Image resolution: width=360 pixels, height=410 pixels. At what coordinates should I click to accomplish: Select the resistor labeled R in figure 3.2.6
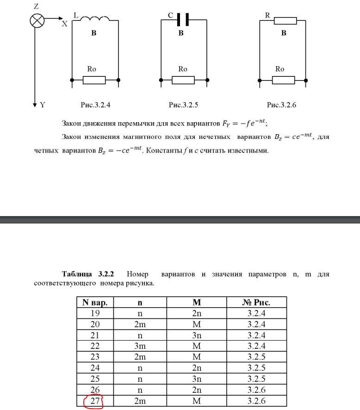click(x=285, y=21)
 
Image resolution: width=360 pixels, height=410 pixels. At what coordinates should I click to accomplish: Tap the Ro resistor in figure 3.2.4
click(x=94, y=81)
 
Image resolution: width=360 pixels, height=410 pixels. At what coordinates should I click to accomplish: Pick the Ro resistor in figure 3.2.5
click(x=183, y=81)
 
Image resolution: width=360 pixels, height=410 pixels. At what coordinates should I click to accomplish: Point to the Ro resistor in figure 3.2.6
click(x=283, y=81)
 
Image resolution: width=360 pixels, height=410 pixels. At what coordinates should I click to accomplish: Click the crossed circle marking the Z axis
click(x=37, y=20)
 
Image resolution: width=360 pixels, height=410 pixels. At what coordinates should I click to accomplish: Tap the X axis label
click(x=65, y=24)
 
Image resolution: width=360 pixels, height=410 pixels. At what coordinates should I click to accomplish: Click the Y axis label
click(x=43, y=105)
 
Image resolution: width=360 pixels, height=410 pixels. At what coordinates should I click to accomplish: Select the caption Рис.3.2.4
click(x=95, y=105)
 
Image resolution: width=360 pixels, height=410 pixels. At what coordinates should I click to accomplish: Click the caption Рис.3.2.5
click(x=184, y=105)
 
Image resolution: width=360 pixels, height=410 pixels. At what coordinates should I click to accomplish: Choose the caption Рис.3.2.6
click(x=281, y=105)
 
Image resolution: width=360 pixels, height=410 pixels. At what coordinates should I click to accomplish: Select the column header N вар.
click(x=95, y=303)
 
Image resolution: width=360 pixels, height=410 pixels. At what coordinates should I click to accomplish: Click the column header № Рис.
click(x=256, y=303)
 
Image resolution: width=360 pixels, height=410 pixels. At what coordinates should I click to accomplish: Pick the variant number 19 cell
click(x=95, y=313)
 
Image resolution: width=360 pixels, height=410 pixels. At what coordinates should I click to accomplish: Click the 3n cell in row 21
click(x=197, y=335)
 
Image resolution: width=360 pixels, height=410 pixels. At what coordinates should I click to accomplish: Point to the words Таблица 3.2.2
click(x=91, y=274)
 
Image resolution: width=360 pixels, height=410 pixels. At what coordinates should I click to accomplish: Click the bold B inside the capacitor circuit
click(x=181, y=33)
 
